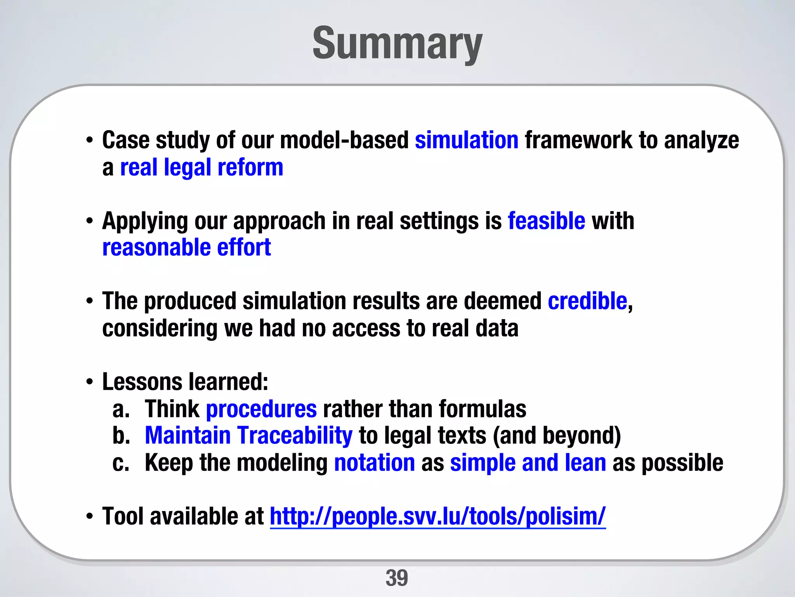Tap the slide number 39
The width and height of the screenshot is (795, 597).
pyautogui.click(x=397, y=578)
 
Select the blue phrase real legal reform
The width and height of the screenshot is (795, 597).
pyautogui.click(x=201, y=168)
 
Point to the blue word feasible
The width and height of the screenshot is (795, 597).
pyautogui.click(x=546, y=221)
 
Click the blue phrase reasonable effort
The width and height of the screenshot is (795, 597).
pyautogui.click(x=186, y=248)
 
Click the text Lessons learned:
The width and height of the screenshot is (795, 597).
pyautogui.click(x=185, y=382)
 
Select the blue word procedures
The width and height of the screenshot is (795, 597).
pyautogui.click(x=261, y=409)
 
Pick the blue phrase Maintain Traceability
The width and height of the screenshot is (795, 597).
pyautogui.click(x=248, y=435)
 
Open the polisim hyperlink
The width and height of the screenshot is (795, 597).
pyautogui.click(x=437, y=517)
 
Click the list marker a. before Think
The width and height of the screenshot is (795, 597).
pyautogui.click(x=121, y=410)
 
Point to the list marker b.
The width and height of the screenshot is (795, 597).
pyautogui.click(x=121, y=436)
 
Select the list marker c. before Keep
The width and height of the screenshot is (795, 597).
pyautogui.click(x=120, y=463)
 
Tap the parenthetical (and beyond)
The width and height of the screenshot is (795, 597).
pyautogui.click(x=557, y=435)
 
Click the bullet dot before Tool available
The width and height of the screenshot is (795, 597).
pyautogui.click(x=90, y=517)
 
